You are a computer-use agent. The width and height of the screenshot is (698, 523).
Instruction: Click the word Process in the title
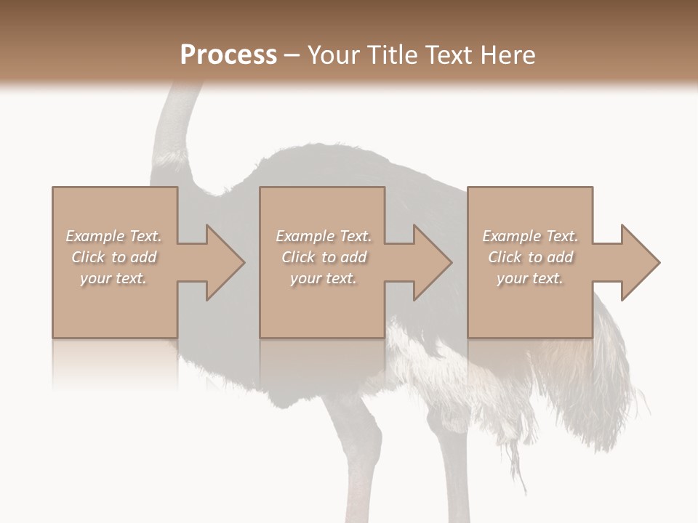(x=228, y=55)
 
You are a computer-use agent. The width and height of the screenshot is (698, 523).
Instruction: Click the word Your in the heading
(x=337, y=55)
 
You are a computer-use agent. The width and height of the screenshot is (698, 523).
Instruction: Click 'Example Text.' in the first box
(x=113, y=236)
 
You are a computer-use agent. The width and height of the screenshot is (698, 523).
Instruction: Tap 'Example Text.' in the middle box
(x=324, y=236)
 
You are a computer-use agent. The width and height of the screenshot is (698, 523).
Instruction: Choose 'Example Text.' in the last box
(x=530, y=236)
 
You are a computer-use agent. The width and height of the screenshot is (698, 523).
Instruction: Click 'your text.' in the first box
(x=113, y=278)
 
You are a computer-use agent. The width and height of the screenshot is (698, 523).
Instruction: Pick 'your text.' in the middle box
(x=324, y=278)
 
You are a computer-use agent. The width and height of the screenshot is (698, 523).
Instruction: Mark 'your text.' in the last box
(x=530, y=278)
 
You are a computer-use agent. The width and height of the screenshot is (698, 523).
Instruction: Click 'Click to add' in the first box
(x=113, y=257)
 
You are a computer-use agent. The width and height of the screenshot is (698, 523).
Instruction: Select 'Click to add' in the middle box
(x=324, y=257)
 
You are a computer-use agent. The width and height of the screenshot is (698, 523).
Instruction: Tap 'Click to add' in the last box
(x=530, y=257)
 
